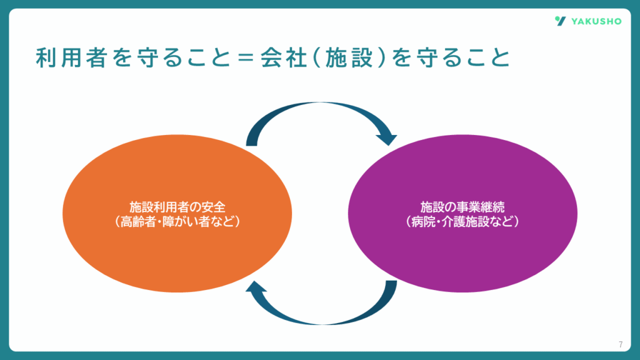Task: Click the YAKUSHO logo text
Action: click(x=596, y=21)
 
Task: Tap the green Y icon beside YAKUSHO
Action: click(x=561, y=21)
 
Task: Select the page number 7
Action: click(x=621, y=344)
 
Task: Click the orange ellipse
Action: click(x=177, y=214)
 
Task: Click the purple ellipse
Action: click(x=462, y=214)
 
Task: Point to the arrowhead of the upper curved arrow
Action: click(x=387, y=139)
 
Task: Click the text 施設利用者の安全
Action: click(x=177, y=207)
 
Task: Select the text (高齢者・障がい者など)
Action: click(x=177, y=222)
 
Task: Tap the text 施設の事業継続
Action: click(x=462, y=207)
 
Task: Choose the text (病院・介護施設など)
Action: click(x=462, y=222)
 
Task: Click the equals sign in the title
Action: click(x=246, y=57)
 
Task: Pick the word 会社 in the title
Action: click(x=284, y=57)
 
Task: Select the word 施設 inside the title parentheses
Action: click(x=349, y=57)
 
